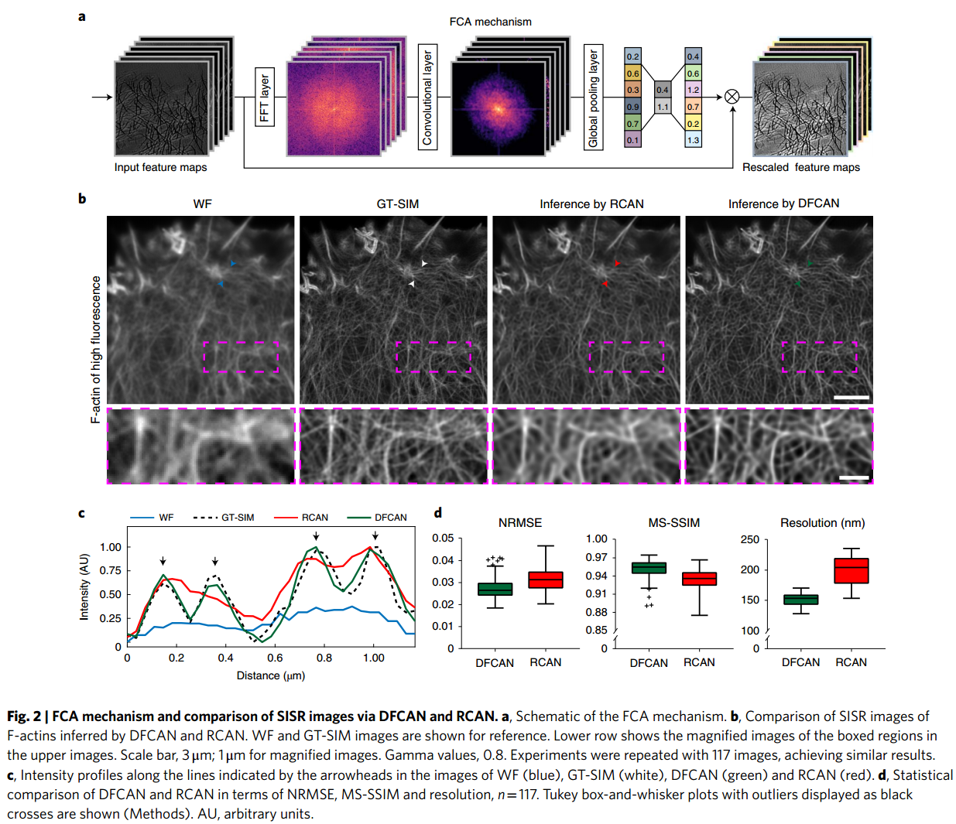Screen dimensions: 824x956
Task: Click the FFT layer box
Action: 265,97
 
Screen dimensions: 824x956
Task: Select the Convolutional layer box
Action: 427,97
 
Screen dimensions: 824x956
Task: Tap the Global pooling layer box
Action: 593,97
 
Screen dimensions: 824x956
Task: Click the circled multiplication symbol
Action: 732,96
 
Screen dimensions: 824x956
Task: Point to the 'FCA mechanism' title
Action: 490,22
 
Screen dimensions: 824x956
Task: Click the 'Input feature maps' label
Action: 160,167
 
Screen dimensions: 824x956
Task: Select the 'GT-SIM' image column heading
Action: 397,203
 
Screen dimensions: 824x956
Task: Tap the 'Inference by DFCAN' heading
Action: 783,203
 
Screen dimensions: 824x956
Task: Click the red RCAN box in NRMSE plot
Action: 546,580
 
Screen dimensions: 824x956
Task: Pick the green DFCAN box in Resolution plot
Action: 800,600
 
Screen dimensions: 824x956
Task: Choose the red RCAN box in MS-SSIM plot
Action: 699,579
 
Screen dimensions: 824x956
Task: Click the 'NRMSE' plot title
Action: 520,523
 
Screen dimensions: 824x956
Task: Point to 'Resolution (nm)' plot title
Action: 822,523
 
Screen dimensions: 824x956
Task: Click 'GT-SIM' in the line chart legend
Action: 238,518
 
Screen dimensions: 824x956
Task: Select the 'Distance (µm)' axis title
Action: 270,675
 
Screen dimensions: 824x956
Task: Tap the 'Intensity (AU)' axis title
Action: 84,586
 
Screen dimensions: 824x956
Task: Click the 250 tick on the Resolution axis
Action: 749,539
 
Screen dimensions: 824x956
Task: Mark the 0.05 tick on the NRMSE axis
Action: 443,539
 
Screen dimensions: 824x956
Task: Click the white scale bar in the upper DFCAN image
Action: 851,397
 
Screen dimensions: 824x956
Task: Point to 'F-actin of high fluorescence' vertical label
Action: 96,349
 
